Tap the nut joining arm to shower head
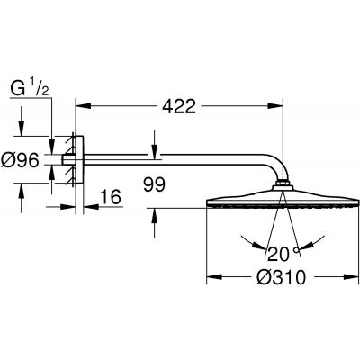[285, 186]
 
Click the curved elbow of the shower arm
[275, 169]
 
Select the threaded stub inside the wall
[65, 162]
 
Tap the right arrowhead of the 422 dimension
[281, 105]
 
